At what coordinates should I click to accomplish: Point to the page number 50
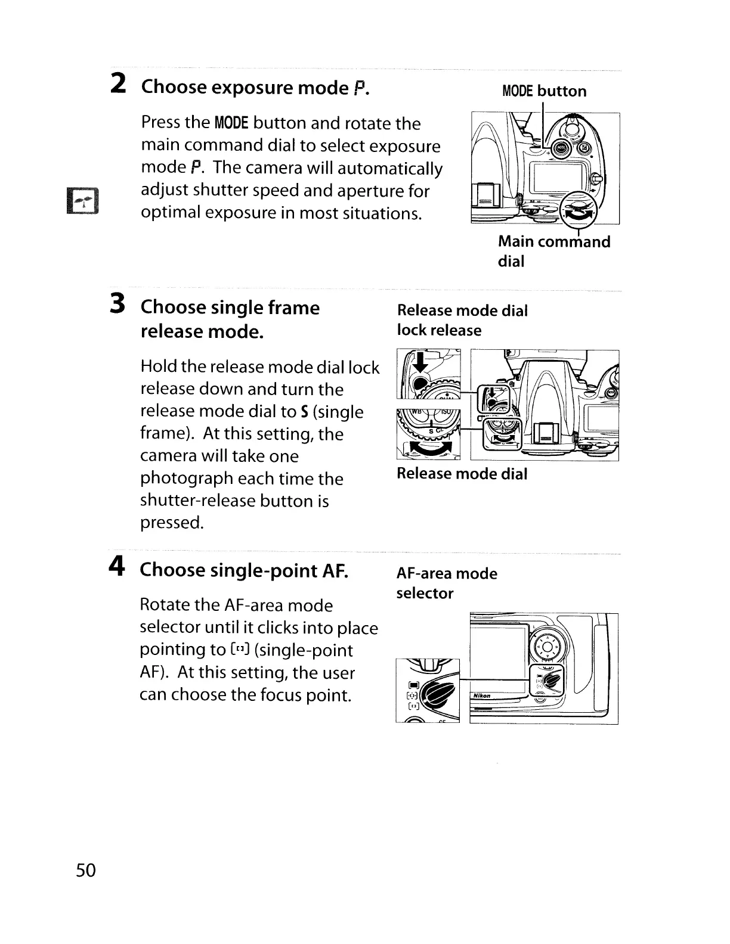[86, 871]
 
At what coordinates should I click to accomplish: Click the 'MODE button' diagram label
[544, 91]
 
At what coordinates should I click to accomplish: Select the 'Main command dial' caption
[553, 251]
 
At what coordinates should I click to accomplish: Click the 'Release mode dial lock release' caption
[462, 320]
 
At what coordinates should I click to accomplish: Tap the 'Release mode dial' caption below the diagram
[462, 474]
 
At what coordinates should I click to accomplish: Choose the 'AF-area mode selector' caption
[447, 583]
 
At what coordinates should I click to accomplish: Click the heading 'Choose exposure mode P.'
[255, 88]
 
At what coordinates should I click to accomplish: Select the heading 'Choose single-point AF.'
[243, 570]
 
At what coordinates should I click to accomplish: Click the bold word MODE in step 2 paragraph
[231, 123]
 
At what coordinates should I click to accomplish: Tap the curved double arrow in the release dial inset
[429, 449]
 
